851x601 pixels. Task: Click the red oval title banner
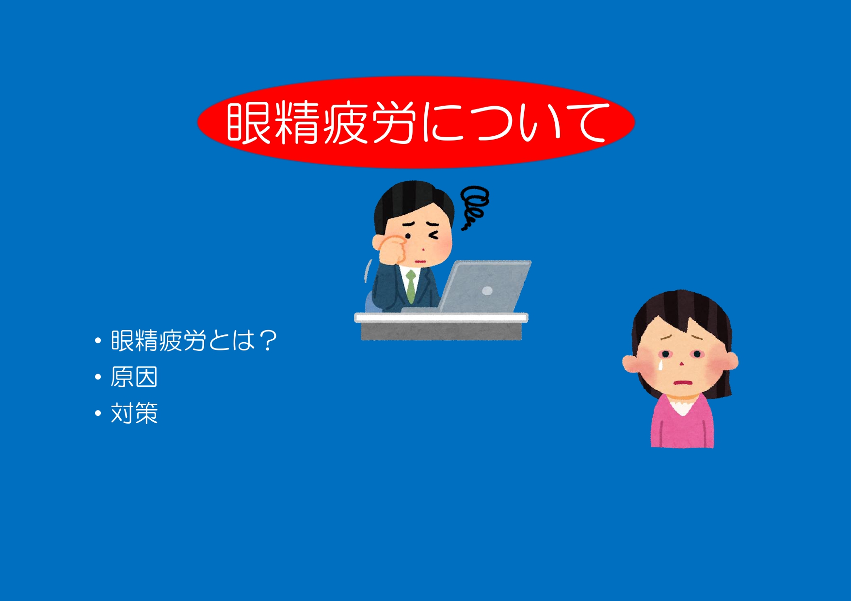[416, 122]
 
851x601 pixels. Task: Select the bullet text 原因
[134, 377]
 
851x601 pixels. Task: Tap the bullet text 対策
[134, 413]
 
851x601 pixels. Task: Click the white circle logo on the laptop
[487, 291]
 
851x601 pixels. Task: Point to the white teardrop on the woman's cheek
[660, 364]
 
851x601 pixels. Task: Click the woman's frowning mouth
[682, 382]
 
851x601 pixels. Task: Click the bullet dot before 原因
[98, 377]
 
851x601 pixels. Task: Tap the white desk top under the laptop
[441, 318]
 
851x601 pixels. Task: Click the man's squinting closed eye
[433, 236]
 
